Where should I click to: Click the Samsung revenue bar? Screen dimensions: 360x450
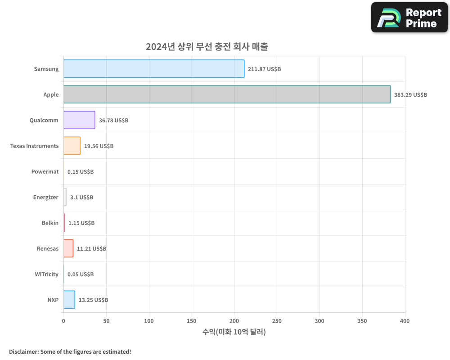click(x=154, y=69)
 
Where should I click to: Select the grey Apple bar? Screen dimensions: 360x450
click(x=227, y=94)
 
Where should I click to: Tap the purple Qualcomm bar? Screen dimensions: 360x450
click(x=79, y=120)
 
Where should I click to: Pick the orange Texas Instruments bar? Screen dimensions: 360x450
click(x=72, y=146)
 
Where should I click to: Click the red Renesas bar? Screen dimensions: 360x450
click(x=68, y=248)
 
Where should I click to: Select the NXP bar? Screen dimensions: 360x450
click(x=69, y=300)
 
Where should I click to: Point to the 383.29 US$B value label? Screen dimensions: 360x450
click(x=410, y=95)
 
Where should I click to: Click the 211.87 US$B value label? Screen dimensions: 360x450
click(x=264, y=69)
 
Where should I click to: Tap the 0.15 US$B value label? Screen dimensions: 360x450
click(x=81, y=172)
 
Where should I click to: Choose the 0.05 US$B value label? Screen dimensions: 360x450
click(x=81, y=274)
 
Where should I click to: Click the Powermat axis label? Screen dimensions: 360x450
click(x=45, y=172)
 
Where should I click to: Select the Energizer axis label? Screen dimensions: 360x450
click(x=46, y=198)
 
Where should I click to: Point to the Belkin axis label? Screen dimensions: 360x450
click(x=50, y=223)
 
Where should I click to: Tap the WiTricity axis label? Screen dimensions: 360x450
click(x=47, y=274)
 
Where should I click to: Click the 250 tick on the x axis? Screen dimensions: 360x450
click(x=277, y=321)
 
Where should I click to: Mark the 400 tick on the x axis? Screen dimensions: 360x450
click(x=405, y=321)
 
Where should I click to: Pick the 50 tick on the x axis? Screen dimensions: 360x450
click(x=106, y=321)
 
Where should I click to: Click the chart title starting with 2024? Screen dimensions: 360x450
click(x=207, y=47)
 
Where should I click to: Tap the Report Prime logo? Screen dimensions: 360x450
click(x=409, y=18)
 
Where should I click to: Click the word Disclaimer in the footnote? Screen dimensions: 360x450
click(x=23, y=352)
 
